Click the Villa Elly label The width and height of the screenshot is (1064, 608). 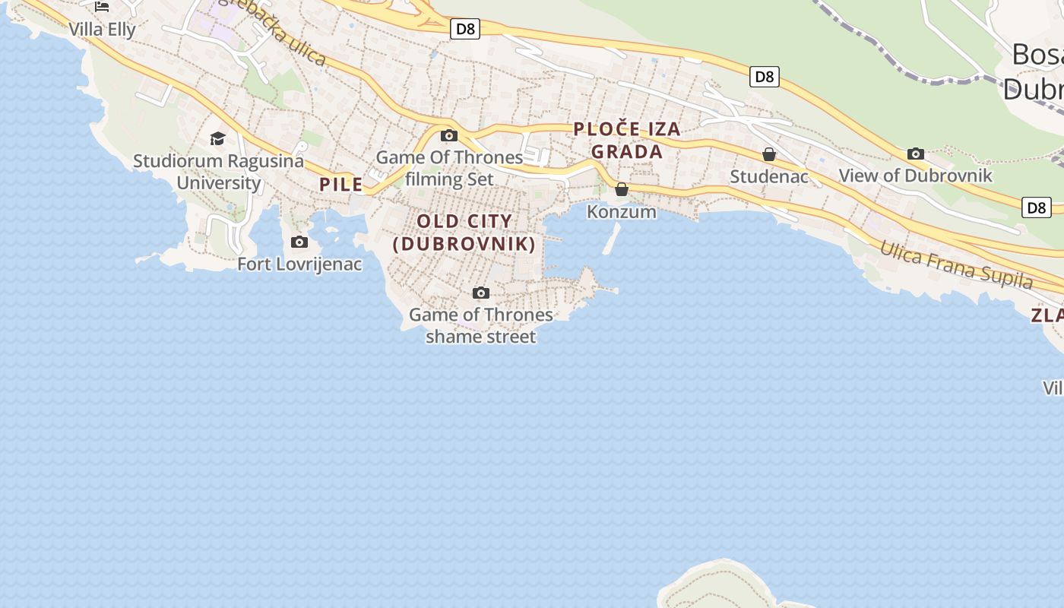point(102,30)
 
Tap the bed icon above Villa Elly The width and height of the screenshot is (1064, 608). point(102,7)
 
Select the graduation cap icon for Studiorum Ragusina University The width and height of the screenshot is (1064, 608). point(218,138)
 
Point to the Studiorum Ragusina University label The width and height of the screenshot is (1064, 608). point(218,172)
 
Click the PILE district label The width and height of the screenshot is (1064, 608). point(341,184)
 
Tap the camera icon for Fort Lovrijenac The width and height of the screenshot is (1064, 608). point(299,242)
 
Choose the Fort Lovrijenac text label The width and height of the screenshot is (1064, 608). point(299,264)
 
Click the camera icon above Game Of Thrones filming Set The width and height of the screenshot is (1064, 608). point(449,135)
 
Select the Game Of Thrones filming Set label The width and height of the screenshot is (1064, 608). point(450,168)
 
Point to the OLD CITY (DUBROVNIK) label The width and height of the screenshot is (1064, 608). point(464,233)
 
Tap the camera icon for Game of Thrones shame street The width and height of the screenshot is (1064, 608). point(481,293)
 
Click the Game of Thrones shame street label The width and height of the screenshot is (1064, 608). point(481,325)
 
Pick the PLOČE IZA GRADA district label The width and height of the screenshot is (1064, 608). point(627,141)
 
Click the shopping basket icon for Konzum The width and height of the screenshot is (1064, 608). point(622,189)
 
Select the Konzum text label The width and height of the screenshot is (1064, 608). point(622,211)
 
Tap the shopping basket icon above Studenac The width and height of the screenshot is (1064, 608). point(769,154)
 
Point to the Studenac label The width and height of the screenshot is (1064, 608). point(769,176)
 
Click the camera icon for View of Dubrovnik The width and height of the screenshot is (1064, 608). point(916,154)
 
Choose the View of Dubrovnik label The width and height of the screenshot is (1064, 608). point(916,176)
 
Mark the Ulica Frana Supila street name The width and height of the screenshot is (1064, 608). point(957,265)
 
